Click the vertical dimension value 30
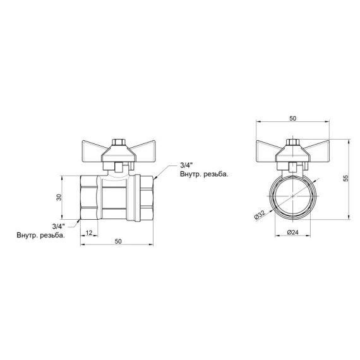(59, 198)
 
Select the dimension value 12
(89, 233)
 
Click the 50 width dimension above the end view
(292, 118)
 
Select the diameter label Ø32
(258, 215)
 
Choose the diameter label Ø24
(292, 232)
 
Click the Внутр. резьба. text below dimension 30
(40, 235)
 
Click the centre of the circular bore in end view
(292, 198)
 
